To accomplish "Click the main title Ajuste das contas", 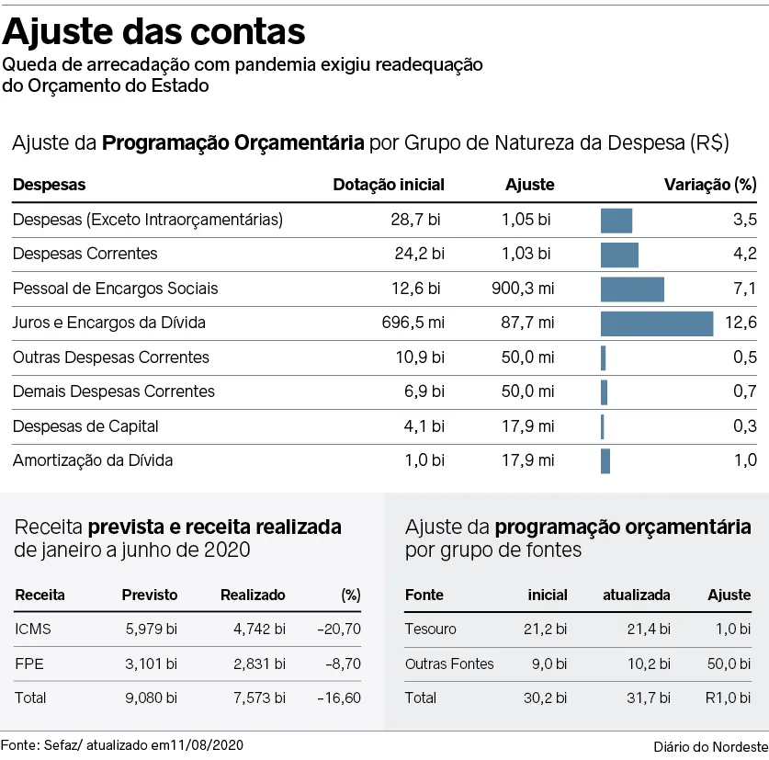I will (x=154, y=31).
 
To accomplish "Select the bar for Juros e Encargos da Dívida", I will (x=656, y=323).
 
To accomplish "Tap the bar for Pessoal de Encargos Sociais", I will (x=632, y=289).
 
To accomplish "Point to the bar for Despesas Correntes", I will (x=619, y=255).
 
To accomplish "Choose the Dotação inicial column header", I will (x=388, y=185).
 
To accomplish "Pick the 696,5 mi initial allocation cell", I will (x=413, y=323).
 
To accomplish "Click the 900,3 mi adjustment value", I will (x=523, y=289).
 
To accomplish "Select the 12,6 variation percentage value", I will (x=740, y=323).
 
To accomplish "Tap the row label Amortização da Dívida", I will (x=93, y=459).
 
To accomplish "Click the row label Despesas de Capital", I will (x=85, y=425).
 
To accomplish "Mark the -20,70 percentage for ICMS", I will (x=338, y=630).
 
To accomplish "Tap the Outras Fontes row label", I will (x=449, y=664).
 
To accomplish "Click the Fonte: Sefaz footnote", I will (x=123, y=743).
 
